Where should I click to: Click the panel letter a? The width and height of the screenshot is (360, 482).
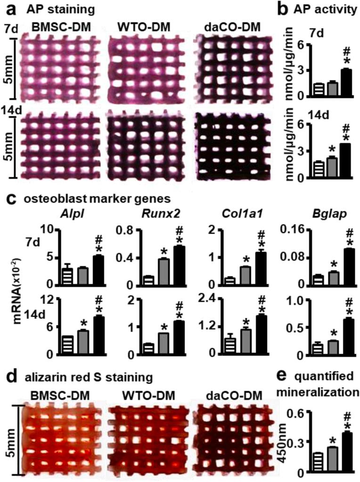pos(9,8)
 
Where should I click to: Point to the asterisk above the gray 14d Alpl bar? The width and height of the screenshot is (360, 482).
pos(83,324)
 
